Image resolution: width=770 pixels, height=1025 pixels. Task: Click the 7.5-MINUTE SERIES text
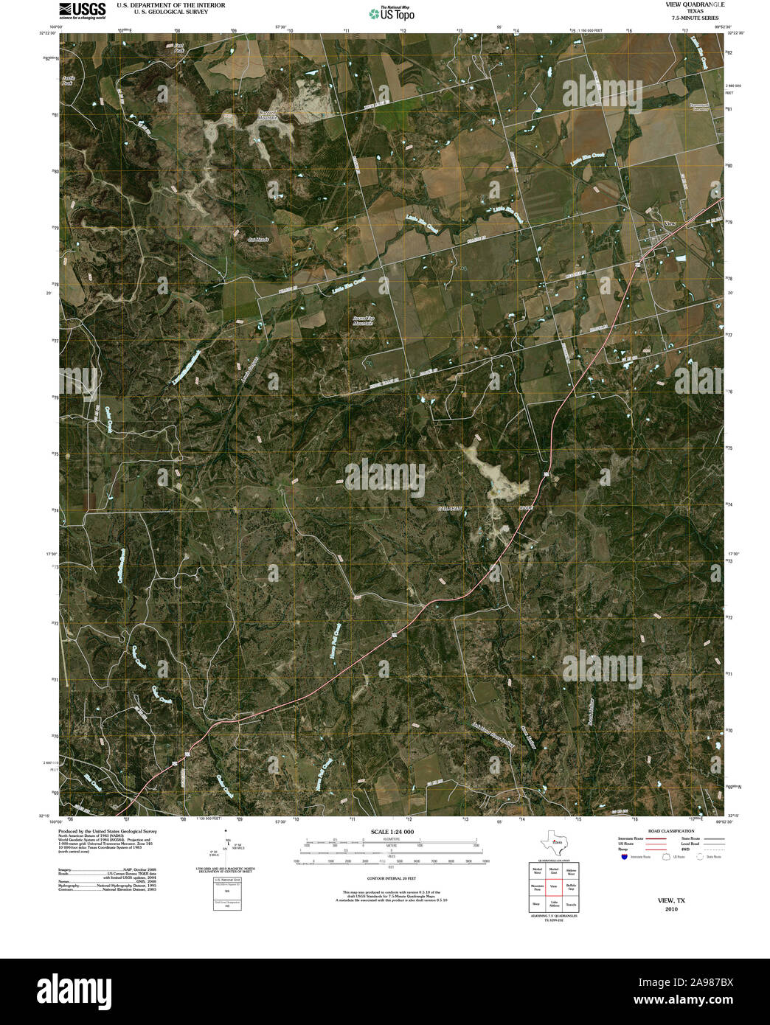(x=690, y=17)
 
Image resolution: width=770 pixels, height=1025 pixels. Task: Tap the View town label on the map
(x=670, y=223)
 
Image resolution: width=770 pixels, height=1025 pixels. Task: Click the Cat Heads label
(x=258, y=239)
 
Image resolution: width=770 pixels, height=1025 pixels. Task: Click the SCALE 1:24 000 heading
(x=392, y=832)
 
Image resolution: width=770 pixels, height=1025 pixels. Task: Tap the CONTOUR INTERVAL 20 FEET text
(x=392, y=879)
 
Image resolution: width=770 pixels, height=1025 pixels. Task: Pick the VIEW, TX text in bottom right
(x=671, y=900)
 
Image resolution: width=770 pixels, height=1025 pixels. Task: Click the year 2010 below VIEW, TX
(x=671, y=908)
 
